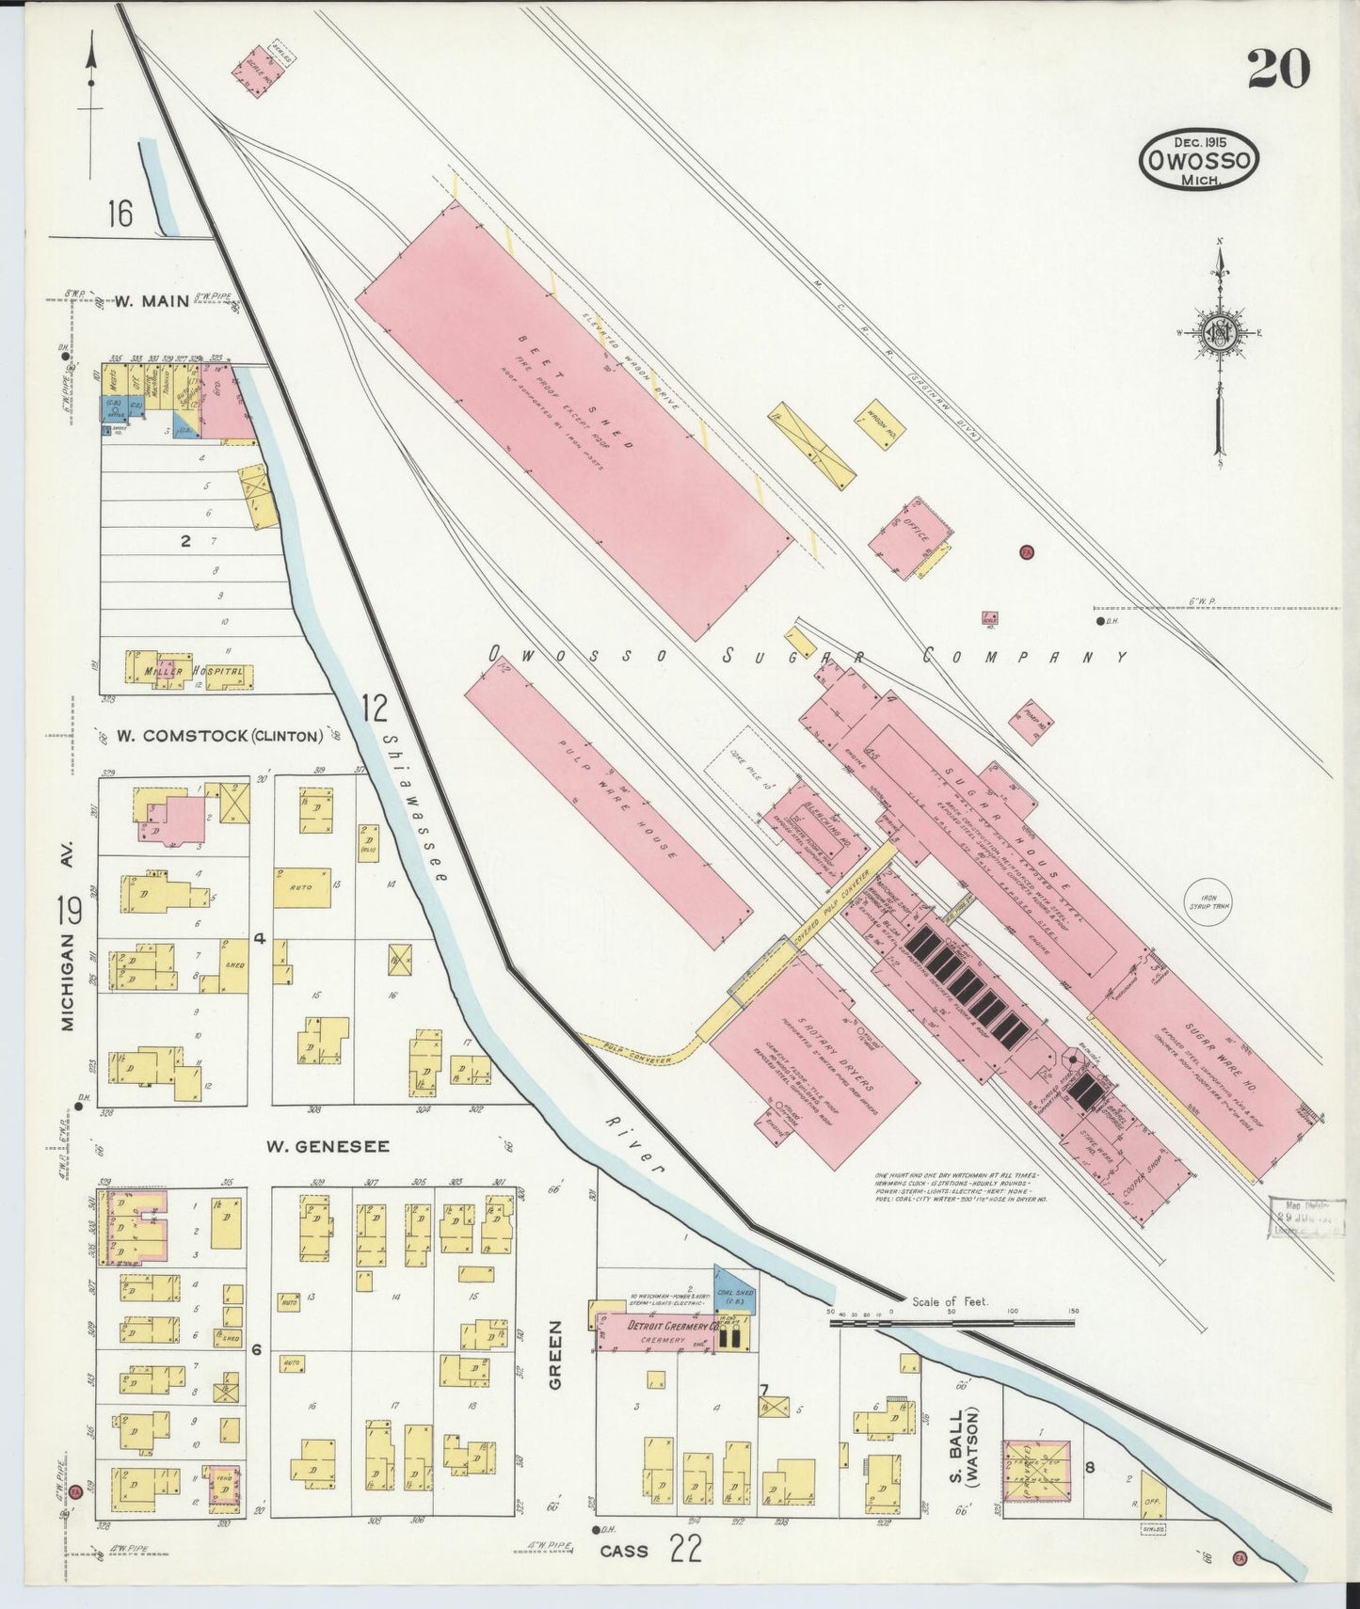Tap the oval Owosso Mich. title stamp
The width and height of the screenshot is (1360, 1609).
1198,161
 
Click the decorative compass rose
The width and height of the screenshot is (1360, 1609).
1220,333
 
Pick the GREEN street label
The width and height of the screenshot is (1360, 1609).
554,1354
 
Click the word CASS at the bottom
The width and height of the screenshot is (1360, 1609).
624,1552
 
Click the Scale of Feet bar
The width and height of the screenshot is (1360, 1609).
951,1322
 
